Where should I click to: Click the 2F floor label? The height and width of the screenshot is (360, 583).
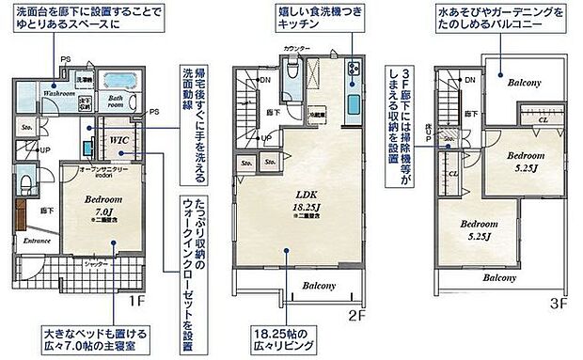pyautogui.click(x=355, y=316)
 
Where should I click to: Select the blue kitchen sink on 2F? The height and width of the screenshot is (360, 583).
pyautogui.click(x=353, y=103)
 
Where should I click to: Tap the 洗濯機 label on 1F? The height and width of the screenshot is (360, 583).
pyautogui.click(x=84, y=81)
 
